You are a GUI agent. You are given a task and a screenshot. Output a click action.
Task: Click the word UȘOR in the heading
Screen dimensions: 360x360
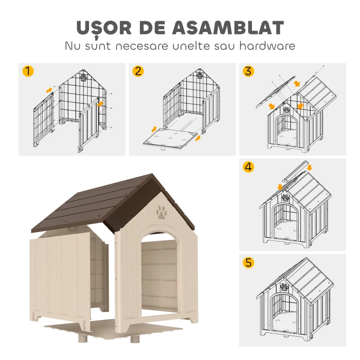[x=105, y=27]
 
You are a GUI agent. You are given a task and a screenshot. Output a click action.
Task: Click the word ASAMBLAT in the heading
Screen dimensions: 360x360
[x=229, y=27]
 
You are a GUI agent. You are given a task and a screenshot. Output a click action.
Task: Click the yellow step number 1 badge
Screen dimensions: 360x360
[x=28, y=72]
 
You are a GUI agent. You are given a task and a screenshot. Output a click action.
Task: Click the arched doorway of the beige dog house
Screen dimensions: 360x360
[x=160, y=274]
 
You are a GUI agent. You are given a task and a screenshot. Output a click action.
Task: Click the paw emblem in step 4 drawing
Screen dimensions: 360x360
[x=285, y=197]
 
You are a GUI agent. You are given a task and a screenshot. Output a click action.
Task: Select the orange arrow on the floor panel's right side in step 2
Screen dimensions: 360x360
[x=198, y=138]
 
